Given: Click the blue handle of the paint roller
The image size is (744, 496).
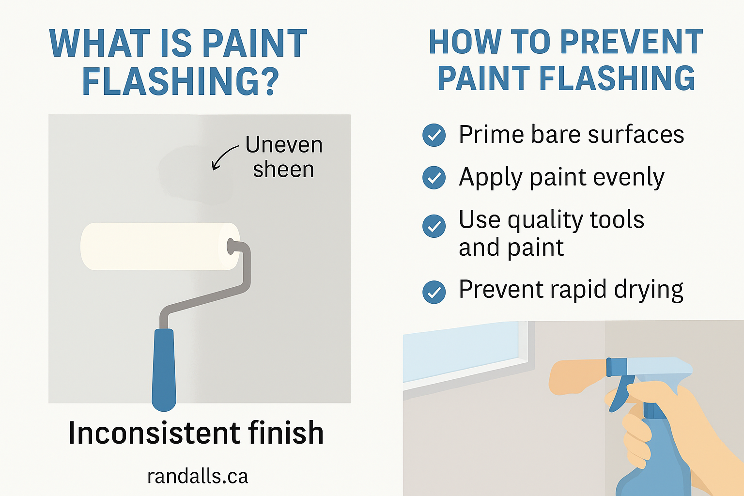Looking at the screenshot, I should [x=164, y=368].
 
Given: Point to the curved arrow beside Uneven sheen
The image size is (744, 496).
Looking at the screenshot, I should [x=223, y=157].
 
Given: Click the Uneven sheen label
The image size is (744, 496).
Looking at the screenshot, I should [x=283, y=157].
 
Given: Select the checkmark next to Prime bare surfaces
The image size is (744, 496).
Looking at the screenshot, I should [x=434, y=135].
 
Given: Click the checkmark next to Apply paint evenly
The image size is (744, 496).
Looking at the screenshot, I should [x=434, y=177].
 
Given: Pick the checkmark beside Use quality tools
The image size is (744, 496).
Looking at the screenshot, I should [x=434, y=226].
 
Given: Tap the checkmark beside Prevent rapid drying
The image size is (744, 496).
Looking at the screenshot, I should [x=434, y=292].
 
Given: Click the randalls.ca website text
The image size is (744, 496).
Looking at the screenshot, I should [x=198, y=476].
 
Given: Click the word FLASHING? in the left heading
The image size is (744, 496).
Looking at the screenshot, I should [x=180, y=80].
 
